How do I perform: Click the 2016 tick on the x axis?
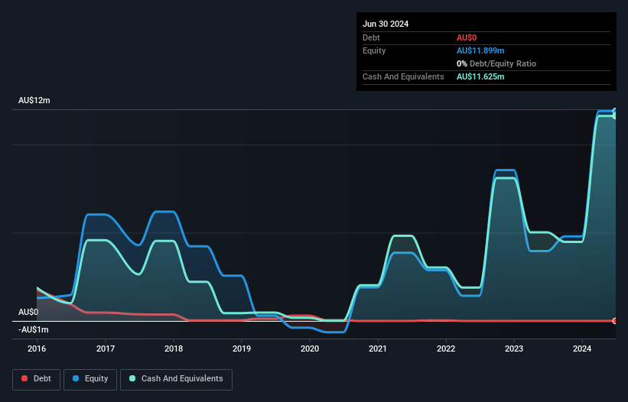pos(37,349)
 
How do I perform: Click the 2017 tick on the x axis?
pos(106,349)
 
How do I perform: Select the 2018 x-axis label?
pos(174,349)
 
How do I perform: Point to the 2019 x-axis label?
pos(242,349)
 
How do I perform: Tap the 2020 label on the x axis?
pos(310,349)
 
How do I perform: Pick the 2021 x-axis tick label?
pos(378,349)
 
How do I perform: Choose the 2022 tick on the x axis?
pos(446,349)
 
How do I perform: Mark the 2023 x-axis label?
pos(514,349)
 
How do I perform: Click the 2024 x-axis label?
pos(582,349)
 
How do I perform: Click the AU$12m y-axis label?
pos(34,101)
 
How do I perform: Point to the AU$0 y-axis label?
pos(28,312)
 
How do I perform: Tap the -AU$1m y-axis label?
pos(33,329)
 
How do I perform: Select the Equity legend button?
pos(91,379)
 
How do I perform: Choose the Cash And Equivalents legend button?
pos(176,379)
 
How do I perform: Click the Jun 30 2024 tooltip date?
pos(386,24)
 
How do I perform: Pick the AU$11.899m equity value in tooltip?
pos(480,50)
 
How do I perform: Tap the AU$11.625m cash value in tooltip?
pos(480,76)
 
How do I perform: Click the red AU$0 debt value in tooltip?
pos(467,37)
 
